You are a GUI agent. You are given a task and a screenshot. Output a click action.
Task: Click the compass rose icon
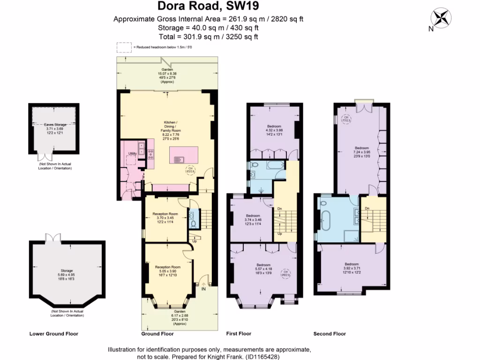441,18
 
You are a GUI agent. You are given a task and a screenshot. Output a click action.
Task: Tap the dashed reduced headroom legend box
124,47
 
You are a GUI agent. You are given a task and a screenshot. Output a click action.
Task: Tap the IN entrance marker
203,289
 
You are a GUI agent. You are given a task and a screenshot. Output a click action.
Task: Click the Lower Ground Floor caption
53,334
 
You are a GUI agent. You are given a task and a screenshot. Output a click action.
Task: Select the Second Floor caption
330,334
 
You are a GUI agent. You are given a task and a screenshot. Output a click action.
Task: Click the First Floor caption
239,334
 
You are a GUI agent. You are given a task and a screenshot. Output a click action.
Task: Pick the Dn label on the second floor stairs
367,208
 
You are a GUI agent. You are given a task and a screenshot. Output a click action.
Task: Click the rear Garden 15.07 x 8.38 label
167,76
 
